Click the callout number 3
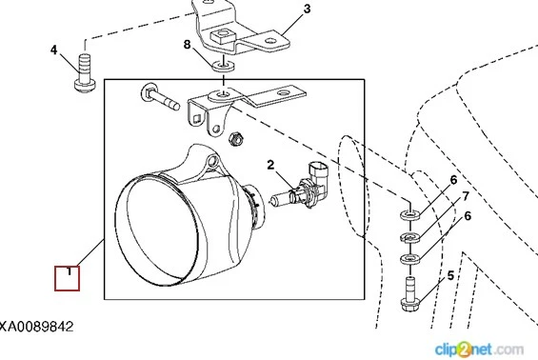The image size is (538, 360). [307, 9]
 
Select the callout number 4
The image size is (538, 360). [54, 50]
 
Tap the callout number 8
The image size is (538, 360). [187, 44]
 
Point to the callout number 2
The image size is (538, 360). [270, 165]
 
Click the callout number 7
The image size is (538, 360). [466, 196]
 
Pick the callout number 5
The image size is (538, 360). [450, 275]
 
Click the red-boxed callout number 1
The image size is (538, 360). [68, 278]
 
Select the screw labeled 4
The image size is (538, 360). [85, 72]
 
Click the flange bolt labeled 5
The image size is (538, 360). [410, 293]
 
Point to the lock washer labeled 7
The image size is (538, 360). [410, 237]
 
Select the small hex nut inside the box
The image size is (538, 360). [236, 138]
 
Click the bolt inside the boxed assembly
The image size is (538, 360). [160, 96]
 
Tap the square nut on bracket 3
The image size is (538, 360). [221, 35]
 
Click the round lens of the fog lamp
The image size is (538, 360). [157, 230]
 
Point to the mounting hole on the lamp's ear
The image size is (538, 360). [213, 160]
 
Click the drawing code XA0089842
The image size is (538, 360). [36, 327]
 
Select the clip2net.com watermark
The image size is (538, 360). [479, 350]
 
